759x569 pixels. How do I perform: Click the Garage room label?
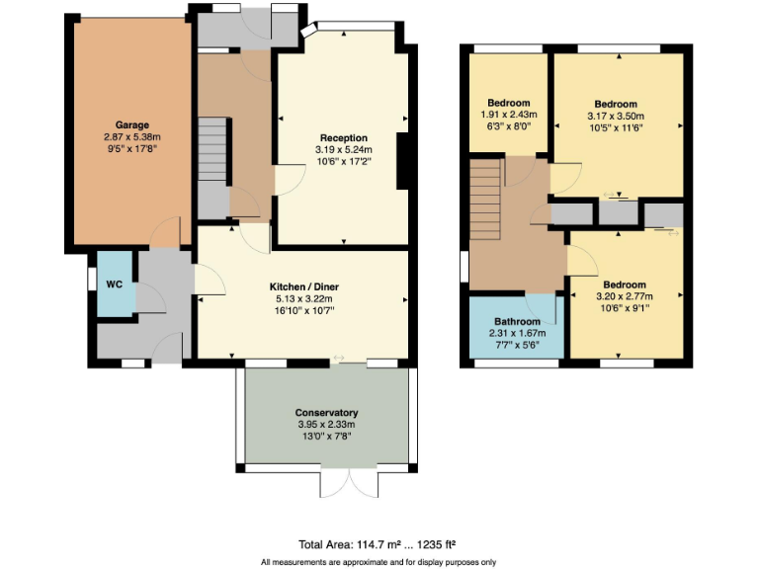(x=130, y=125)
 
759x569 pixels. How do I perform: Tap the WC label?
(x=114, y=284)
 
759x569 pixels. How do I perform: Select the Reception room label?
(x=343, y=138)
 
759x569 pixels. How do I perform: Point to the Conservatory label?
(x=326, y=412)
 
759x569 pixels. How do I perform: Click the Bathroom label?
(x=517, y=322)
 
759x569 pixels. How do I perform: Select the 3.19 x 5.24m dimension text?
(x=343, y=150)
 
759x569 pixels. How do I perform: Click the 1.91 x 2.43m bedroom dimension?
(x=509, y=115)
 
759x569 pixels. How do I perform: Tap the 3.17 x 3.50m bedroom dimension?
(x=616, y=116)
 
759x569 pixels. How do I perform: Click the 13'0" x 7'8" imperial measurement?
(x=326, y=436)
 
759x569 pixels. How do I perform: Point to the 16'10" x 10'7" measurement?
(x=302, y=310)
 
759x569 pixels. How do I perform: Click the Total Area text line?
(x=377, y=544)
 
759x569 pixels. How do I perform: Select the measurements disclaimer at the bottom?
(x=378, y=561)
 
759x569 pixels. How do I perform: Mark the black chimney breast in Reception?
(x=402, y=160)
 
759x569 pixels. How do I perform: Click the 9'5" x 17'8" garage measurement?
(x=130, y=148)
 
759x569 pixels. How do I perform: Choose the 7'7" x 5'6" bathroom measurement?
(x=517, y=345)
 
